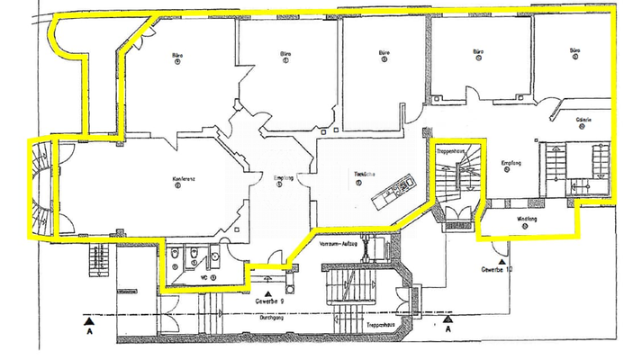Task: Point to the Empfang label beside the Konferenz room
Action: tap(284, 178)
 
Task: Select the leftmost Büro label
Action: tap(177, 56)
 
